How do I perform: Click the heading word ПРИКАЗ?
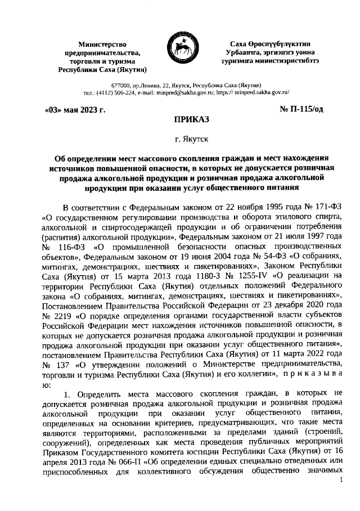click(x=179, y=120)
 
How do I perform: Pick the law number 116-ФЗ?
click(x=74, y=246)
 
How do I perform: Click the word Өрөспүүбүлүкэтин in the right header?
click(x=275, y=44)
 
